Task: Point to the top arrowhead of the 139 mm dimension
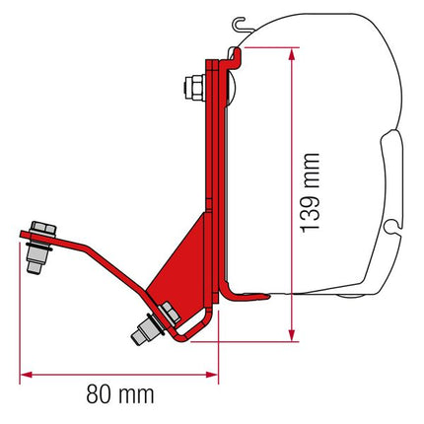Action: click(292, 51)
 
